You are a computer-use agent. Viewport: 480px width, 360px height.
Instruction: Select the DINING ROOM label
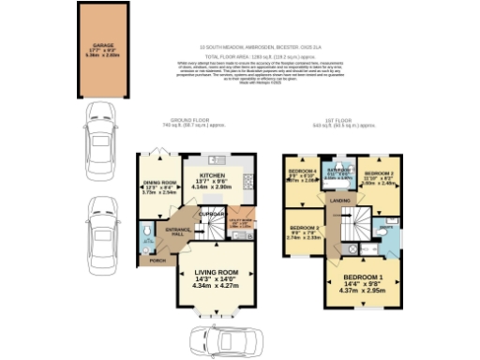click(x=159, y=183)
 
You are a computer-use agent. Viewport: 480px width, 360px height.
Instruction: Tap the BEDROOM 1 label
click(x=362, y=278)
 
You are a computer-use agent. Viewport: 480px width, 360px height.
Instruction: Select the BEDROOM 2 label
click(x=382, y=174)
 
